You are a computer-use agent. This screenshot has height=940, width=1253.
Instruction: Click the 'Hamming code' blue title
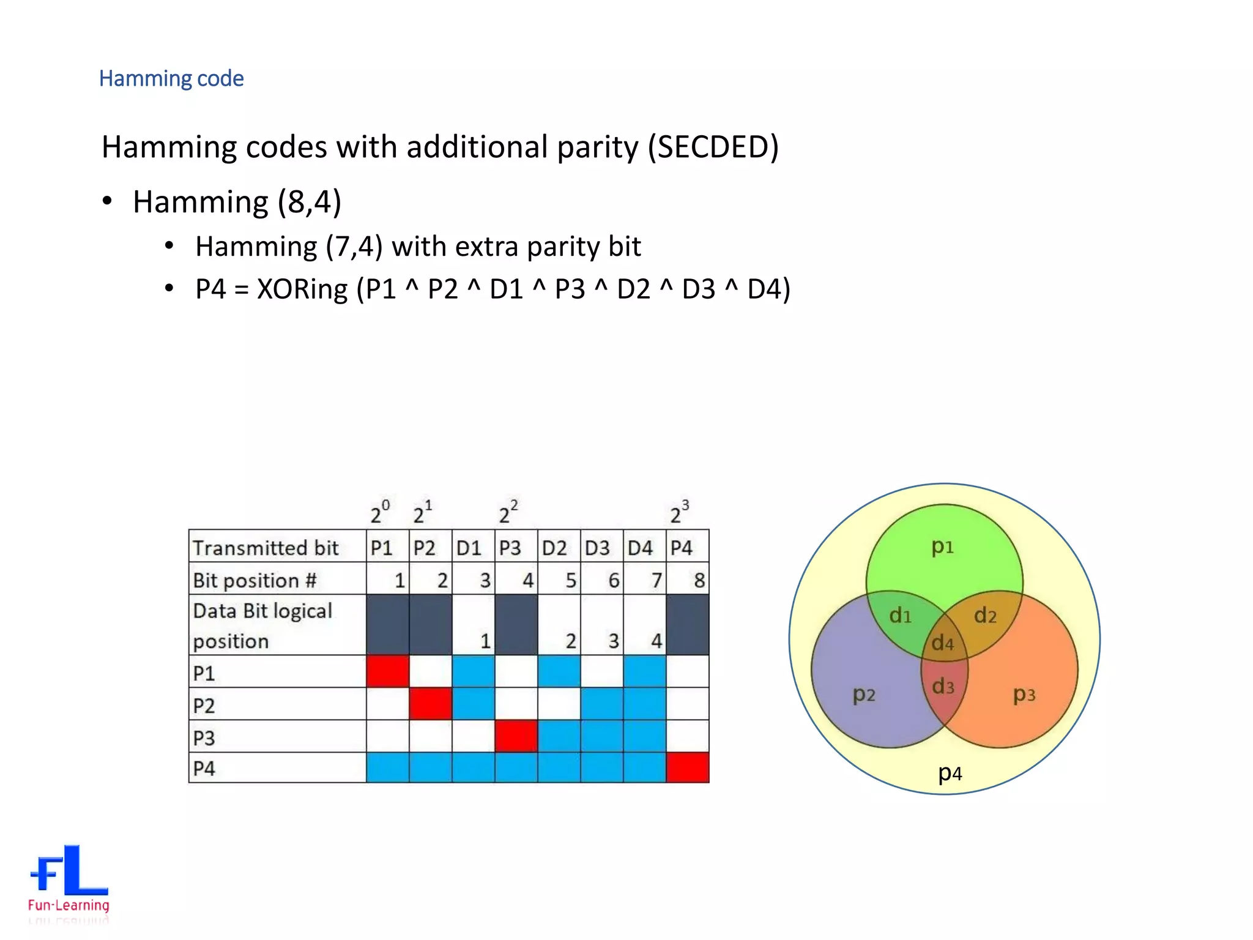click(x=171, y=78)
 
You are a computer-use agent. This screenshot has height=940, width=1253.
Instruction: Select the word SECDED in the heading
click(x=713, y=147)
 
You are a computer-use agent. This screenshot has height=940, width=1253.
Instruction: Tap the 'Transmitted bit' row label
click(x=266, y=548)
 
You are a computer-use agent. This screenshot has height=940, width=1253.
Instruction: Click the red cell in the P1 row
click(x=388, y=671)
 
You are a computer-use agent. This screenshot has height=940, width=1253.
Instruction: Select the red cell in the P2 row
click(x=431, y=703)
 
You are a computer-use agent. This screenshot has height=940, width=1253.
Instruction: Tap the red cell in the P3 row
click(x=516, y=736)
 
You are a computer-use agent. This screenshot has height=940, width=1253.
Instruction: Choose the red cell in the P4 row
click(x=688, y=767)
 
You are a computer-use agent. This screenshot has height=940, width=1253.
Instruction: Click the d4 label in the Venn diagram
click(x=943, y=643)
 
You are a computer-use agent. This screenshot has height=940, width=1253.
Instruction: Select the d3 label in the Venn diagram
click(x=943, y=686)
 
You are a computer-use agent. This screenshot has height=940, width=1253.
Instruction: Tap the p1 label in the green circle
click(x=942, y=546)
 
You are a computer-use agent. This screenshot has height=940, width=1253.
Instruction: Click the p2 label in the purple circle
click(x=864, y=695)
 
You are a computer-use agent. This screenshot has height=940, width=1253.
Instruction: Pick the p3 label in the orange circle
click(x=1024, y=695)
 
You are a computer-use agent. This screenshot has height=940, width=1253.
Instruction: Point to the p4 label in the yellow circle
click(x=950, y=774)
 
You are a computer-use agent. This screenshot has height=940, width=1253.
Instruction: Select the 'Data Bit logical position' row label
click(x=262, y=625)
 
